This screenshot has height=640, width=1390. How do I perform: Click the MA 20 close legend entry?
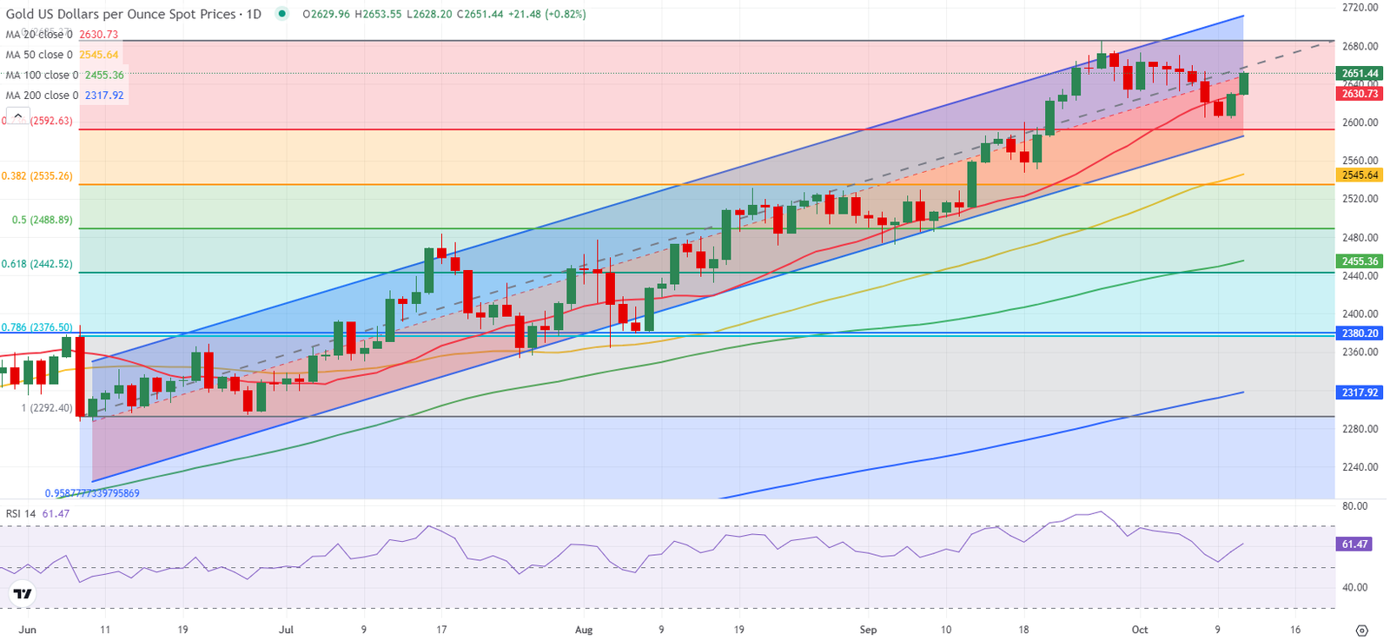click(x=62, y=35)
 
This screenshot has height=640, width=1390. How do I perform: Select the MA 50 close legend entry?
click(x=62, y=55)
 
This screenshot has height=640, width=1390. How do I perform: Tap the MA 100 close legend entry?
click(x=64, y=76)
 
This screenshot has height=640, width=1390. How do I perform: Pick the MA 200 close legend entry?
click(x=64, y=96)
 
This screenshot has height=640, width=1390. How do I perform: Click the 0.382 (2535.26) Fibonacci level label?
click(x=36, y=176)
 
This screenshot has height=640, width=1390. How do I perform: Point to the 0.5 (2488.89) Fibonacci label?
click(x=42, y=221)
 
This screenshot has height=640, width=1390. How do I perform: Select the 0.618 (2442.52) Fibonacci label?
click(x=36, y=264)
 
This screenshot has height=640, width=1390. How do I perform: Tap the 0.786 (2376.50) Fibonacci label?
click(x=36, y=327)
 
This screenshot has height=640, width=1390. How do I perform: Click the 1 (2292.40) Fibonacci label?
click(x=47, y=407)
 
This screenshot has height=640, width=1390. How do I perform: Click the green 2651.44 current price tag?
click(x=1360, y=74)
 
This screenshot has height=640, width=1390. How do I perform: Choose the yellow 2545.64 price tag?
click(x=1360, y=175)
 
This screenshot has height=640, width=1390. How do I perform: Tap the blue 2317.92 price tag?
click(x=1360, y=393)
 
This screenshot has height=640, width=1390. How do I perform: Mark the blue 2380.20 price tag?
click(x=1360, y=333)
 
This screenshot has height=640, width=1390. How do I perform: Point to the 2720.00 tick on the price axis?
click(x=1360, y=8)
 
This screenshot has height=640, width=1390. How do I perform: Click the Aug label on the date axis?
click(x=584, y=630)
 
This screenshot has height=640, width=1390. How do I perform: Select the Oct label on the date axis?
click(x=1140, y=630)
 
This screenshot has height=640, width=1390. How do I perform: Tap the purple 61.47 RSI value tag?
click(x=1355, y=544)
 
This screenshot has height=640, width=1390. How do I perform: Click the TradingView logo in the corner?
click(x=23, y=594)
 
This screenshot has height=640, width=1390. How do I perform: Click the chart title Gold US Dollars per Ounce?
click(x=121, y=15)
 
